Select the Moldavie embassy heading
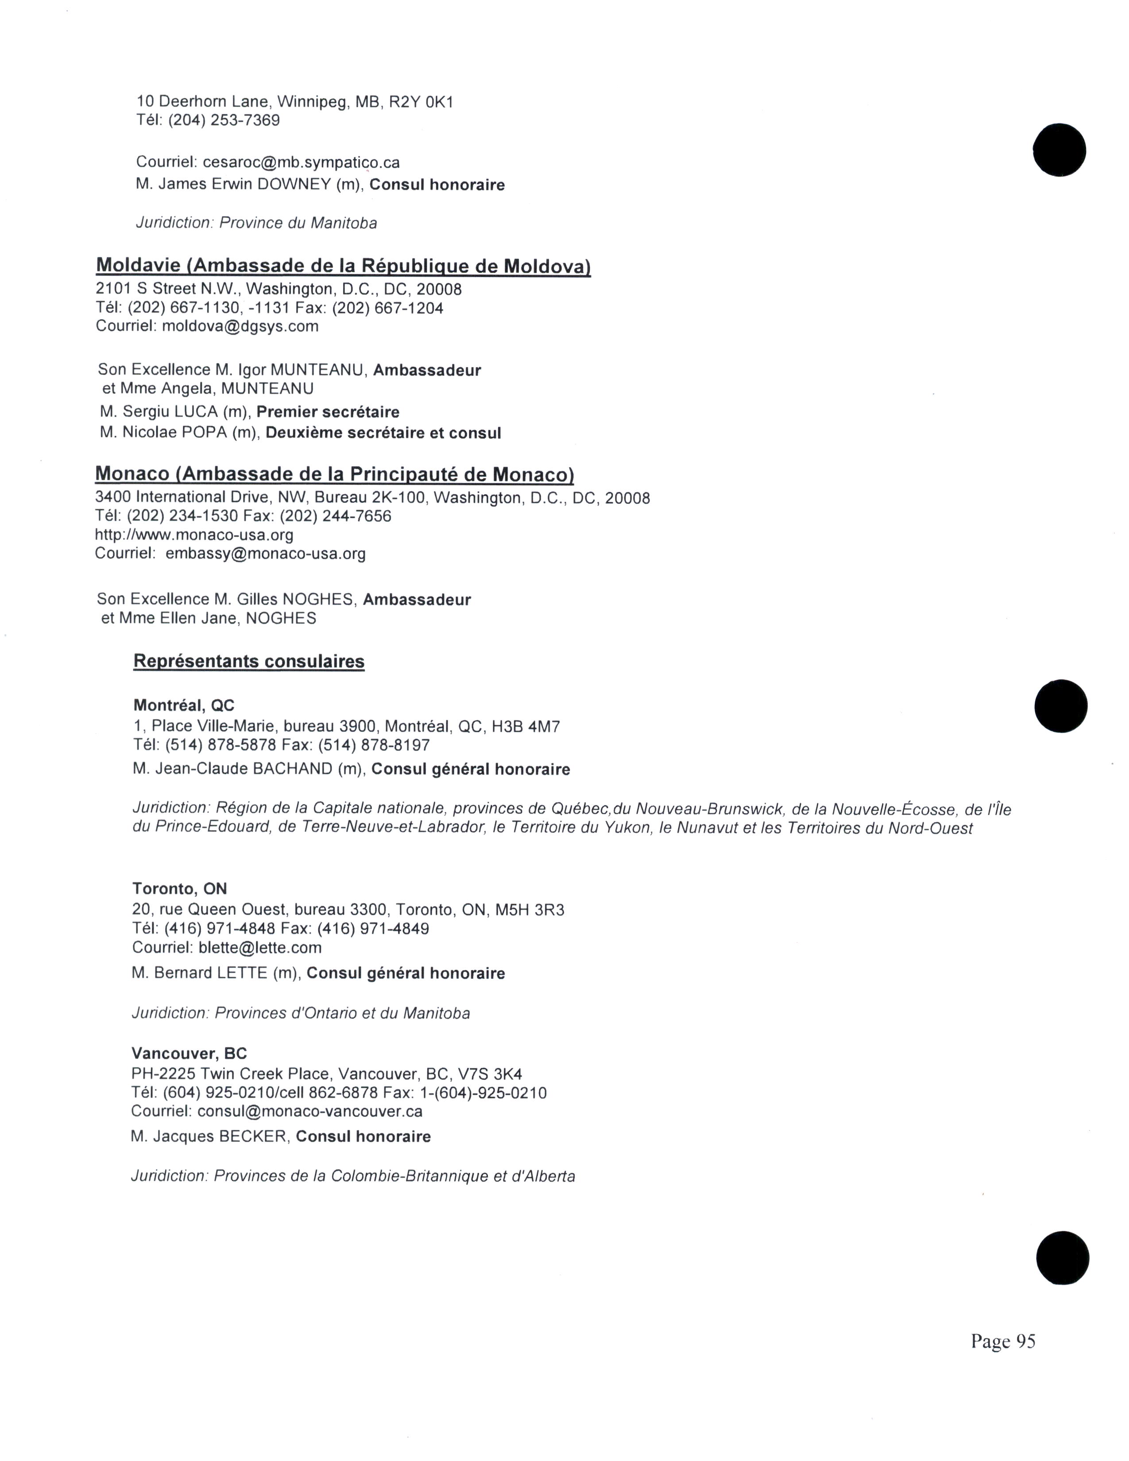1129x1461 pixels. tap(343, 266)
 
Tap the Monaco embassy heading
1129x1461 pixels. tap(334, 474)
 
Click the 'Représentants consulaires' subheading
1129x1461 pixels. tap(249, 661)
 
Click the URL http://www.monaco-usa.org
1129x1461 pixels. tap(194, 535)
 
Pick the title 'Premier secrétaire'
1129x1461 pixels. tap(328, 412)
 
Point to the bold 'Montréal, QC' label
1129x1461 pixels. tap(184, 705)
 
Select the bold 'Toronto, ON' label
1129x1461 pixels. tap(179, 889)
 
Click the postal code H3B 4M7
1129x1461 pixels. tap(526, 727)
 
